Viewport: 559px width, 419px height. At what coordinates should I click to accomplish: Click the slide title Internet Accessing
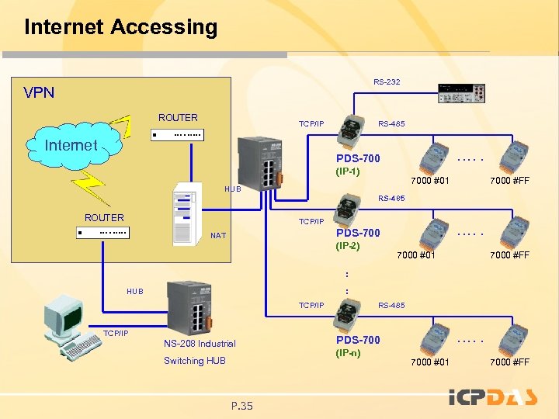120,27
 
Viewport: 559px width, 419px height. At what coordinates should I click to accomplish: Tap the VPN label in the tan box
39,93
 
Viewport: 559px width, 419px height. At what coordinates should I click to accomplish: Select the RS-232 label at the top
387,81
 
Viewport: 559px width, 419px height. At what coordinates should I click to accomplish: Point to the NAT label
218,235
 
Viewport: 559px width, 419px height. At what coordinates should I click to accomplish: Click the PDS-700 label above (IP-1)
358,158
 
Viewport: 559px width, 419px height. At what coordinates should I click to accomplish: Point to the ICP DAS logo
493,398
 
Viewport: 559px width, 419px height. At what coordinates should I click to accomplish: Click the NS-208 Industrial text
200,344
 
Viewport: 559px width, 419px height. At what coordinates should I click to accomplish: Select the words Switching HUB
194,361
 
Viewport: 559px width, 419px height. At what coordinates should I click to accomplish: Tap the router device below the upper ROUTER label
177,135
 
